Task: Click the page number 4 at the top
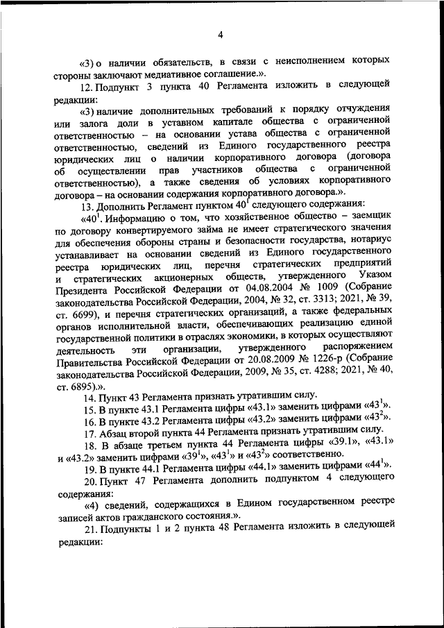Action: click(x=220, y=36)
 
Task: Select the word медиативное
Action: click(x=176, y=74)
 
